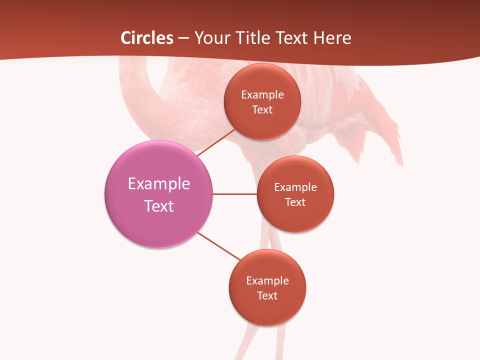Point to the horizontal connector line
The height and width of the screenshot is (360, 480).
[235, 194]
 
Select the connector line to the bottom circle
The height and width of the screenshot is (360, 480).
[219, 246]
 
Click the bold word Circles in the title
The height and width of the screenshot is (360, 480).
[147, 38]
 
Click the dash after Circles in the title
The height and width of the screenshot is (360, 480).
[183, 38]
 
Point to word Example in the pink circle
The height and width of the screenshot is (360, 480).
[159, 183]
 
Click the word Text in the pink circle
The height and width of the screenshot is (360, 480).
[159, 206]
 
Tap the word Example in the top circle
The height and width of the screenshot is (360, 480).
[262, 95]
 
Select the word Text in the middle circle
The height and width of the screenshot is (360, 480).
[295, 202]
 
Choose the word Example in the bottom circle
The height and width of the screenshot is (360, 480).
[267, 281]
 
